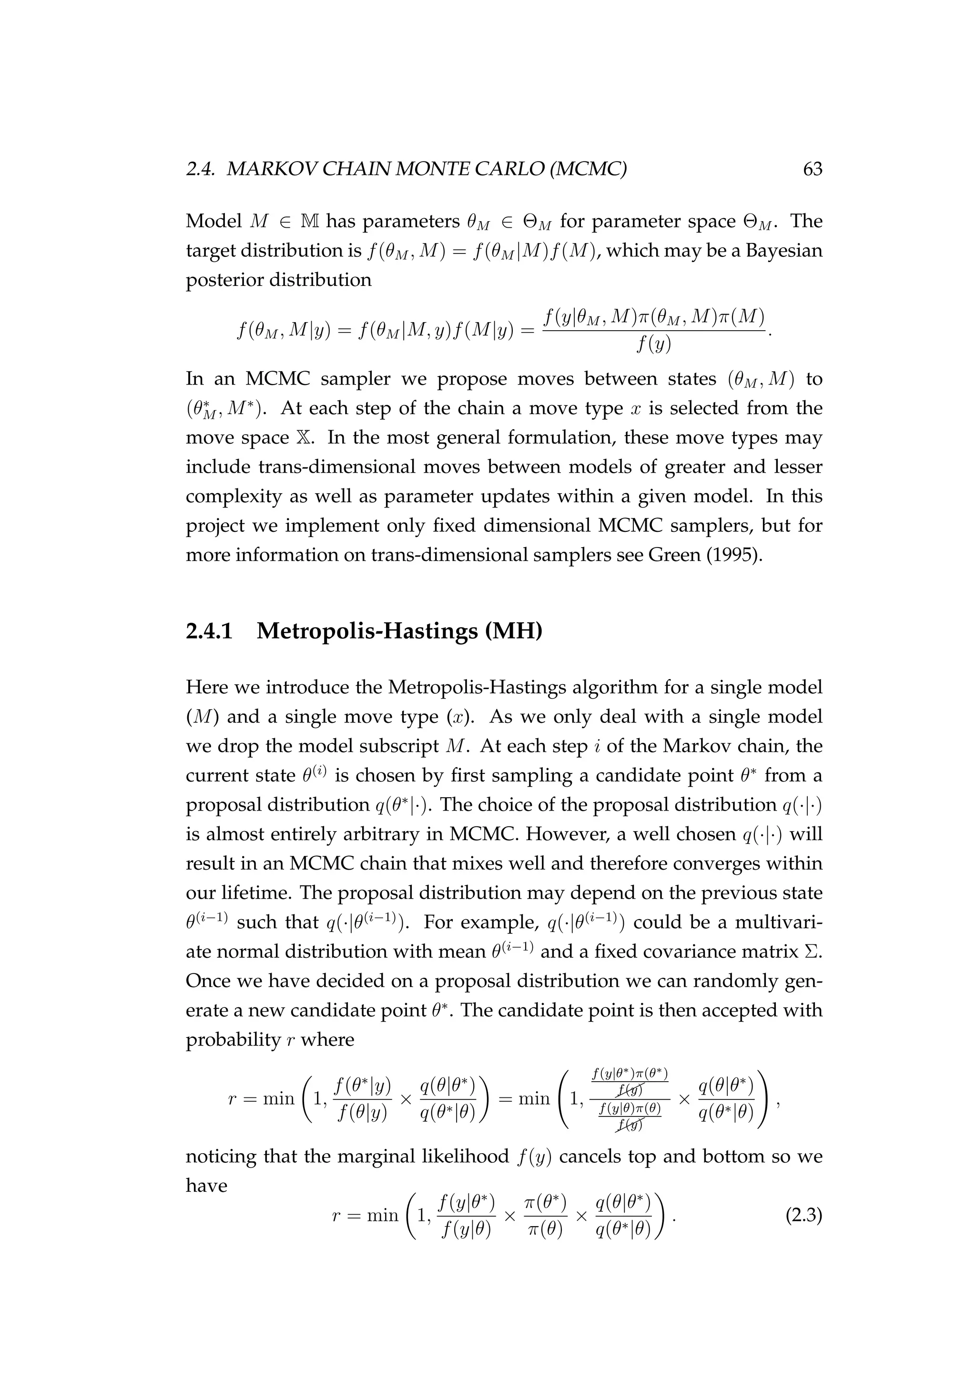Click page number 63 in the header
[x=812, y=170]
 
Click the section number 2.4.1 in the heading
[x=209, y=631]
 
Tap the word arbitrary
[x=403, y=834]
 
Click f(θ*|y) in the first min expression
[x=363, y=1085]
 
